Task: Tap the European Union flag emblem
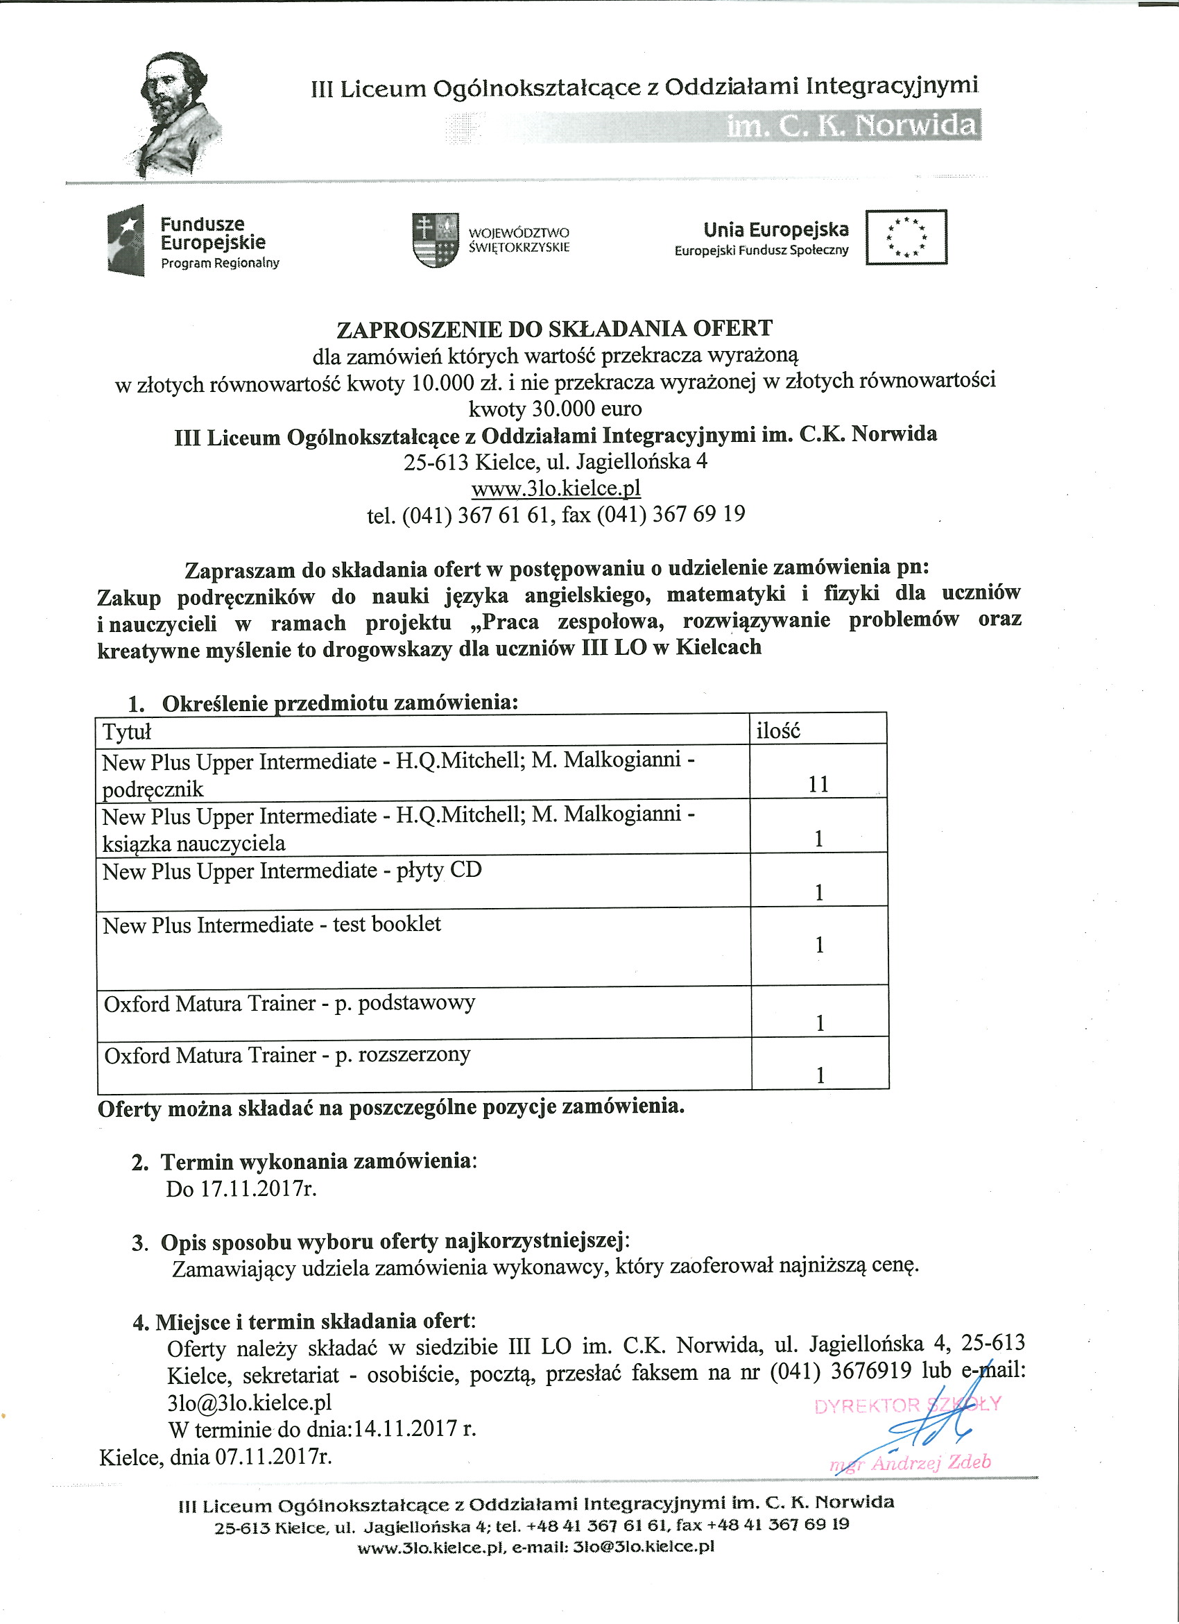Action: coord(906,237)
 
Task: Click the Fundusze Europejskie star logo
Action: coord(126,241)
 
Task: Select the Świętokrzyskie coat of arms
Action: coord(436,240)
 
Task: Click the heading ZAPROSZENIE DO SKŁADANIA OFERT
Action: coord(555,329)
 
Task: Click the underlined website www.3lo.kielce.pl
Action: coord(556,488)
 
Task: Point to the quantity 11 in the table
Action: coord(818,784)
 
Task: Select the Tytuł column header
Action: coord(128,732)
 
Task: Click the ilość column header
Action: coord(777,730)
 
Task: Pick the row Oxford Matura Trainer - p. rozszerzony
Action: coord(288,1054)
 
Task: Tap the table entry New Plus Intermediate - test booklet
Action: coord(272,925)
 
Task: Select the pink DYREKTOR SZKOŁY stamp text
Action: coord(907,1405)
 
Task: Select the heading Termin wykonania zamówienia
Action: coord(318,1161)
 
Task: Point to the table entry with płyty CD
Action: coord(292,871)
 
